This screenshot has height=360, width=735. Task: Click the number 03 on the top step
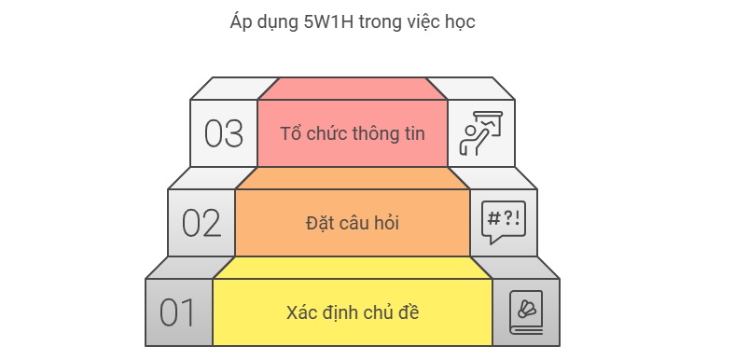pos(224,133)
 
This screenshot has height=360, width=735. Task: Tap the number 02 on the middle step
pos(201,223)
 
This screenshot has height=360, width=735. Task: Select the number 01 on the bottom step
pos(179,312)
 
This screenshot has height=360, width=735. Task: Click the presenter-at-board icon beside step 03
pos(480,133)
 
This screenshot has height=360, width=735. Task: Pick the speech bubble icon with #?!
pos(503,222)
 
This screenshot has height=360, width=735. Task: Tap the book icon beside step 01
pos(525,312)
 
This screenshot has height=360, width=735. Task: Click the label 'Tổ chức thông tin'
pos(353,133)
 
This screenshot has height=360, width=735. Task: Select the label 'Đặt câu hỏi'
pos(353,223)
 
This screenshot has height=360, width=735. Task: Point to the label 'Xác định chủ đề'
pos(353,312)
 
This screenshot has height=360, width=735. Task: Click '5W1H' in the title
pos(323,22)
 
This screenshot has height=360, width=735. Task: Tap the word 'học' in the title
pos(458,22)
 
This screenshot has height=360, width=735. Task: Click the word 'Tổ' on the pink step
pos(292,133)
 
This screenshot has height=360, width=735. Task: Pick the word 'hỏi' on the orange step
pos(387,223)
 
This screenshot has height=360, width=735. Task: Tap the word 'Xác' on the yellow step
pos(301,312)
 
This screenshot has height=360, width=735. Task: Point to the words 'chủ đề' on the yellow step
pos(394,312)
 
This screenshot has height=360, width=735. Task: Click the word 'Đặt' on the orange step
pos(320,223)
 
